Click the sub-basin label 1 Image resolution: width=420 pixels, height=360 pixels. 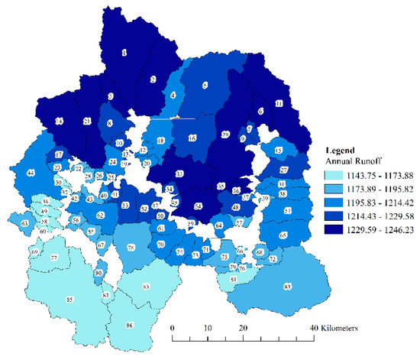pyautogui.click(x=124, y=53)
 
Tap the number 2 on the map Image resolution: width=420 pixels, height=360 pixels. pyautogui.click(x=153, y=79)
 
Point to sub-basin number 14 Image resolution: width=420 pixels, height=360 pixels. pyautogui.click(x=59, y=122)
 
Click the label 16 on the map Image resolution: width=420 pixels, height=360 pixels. pyautogui.click(x=192, y=138)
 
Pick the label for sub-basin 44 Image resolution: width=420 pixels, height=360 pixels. pyautogui.click(x=31, y=174)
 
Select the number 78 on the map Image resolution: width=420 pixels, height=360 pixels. pyautogui.click(x=131, y=247)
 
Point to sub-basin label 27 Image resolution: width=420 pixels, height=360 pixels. pyautogui.click(x=283, y=170)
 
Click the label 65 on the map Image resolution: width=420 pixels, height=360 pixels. pyautogui.click(x=283, y=235)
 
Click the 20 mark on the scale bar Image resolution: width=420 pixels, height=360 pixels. pyautogui.click(x=244, y=327)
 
